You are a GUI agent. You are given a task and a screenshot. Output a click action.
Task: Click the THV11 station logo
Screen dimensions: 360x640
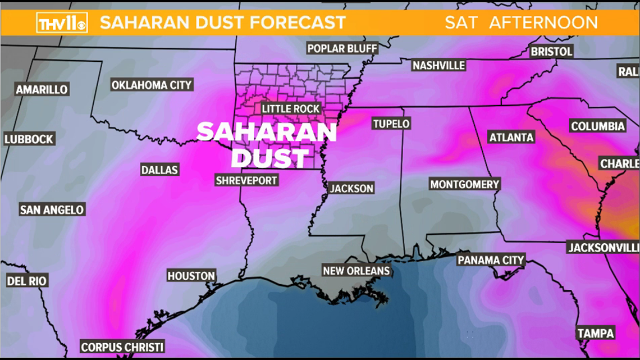[62, 23]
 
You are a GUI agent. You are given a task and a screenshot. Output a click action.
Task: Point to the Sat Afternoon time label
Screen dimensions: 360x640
[521, 23]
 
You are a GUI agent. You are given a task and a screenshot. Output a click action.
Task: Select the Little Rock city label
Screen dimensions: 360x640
[291, 108]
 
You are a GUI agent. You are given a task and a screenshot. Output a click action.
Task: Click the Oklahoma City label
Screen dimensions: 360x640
[152, 85]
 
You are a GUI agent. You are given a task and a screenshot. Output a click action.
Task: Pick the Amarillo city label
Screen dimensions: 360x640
[42, 89]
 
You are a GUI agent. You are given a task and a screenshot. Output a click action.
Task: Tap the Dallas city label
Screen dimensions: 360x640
[161, 170]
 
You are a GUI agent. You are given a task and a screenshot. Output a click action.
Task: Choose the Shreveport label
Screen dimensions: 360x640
[247, 180]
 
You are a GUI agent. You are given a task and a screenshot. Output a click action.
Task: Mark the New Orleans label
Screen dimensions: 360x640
[356, 271]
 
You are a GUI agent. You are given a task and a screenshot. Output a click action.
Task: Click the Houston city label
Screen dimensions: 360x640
[191, 276]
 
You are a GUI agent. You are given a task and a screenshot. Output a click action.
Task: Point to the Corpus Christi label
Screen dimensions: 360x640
[122, 347]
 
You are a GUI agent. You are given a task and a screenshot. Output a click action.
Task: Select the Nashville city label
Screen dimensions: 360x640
[438, 66]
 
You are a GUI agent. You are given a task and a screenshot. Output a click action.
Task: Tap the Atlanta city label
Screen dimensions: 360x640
[511, 137]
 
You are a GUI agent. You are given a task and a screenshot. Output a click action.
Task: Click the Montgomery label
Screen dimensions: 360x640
[464, 184]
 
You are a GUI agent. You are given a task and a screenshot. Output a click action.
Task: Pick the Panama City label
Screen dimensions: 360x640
[491, 260]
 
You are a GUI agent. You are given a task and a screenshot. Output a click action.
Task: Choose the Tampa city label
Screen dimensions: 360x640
[596, 332]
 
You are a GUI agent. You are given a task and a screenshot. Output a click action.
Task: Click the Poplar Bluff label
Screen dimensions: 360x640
[342, 48]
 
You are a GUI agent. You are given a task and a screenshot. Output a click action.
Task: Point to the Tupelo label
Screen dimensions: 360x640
[391, 124]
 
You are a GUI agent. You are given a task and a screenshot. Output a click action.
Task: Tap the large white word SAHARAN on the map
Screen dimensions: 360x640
[266, 133]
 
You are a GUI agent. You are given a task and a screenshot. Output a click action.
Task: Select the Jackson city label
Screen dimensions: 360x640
[351, 188]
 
